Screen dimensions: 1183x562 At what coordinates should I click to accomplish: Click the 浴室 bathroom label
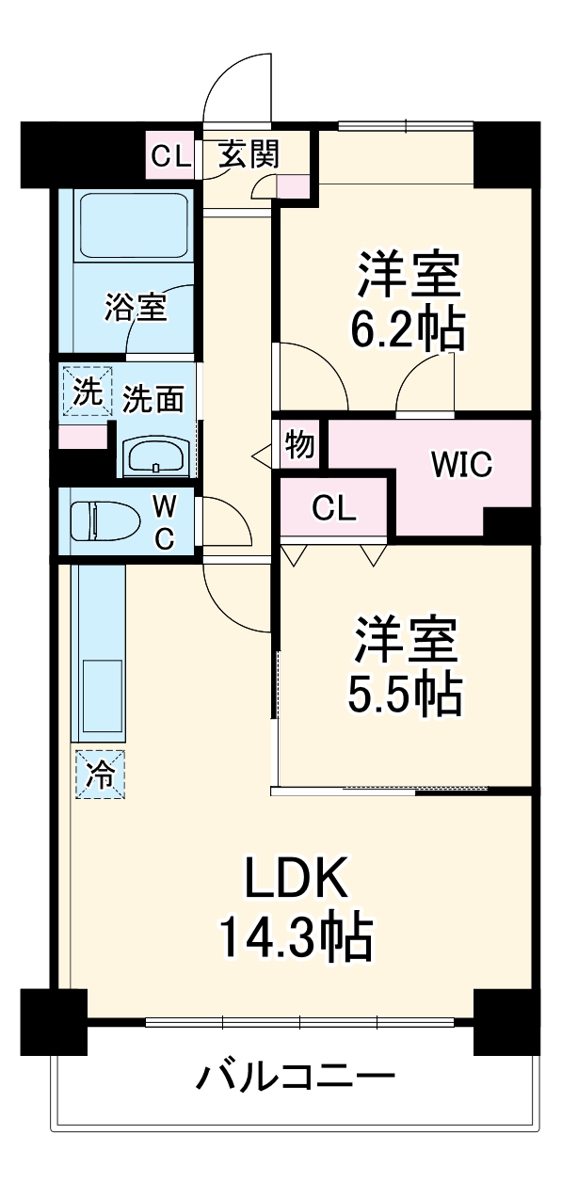pyautogui.click(x=136, y=307)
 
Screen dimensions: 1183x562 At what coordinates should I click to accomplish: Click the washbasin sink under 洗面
pyautogui.click(x=156, y=457)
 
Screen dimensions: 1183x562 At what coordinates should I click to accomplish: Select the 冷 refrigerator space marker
pyautogui.click(x=99, y=774)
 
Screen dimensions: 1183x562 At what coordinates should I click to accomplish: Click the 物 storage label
pyautogui.click(x=300, y=444)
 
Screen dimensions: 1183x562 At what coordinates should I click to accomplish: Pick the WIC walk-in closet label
pyautogui.click(x=462, y=465)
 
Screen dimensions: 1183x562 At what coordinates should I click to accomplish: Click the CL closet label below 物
pyautogui.click(x=334, y=509)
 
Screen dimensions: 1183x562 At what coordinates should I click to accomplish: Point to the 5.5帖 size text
pyautogui.click(x=406, y=695)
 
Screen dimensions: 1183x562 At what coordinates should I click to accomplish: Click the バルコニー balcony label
pyautogui.click(x=294, y=1075)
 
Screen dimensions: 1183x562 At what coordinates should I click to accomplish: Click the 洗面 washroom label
pyautogui.click(x=153, y=400)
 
